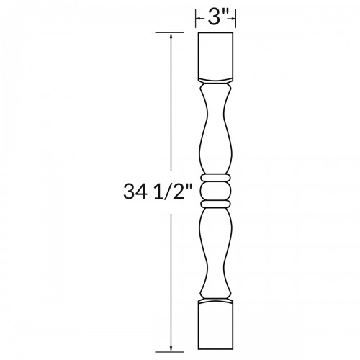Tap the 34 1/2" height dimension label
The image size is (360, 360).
click(x=158, y=192)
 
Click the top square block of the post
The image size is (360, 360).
click(x=215, y=57)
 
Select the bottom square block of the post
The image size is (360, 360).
click(x=215, y=325)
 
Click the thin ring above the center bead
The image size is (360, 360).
click(x=215, y=178)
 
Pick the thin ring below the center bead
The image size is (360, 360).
click(x=215, y=204)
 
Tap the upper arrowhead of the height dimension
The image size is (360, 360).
click(x=171, y=37)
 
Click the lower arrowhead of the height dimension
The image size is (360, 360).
click(x=171, y=348)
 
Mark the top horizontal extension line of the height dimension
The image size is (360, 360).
click(x=169, y=32)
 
